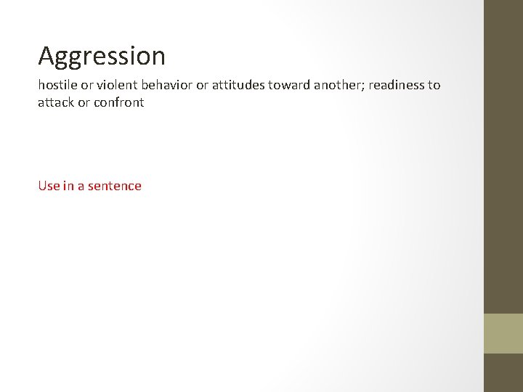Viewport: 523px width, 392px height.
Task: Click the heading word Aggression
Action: (x=102, y=56)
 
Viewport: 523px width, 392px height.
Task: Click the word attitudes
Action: (x=242, y=85)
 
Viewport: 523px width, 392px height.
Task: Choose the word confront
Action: (x=119, y=103)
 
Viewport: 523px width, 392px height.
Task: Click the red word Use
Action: (x=49, y=186)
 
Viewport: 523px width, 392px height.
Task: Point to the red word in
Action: (x=69, y=186)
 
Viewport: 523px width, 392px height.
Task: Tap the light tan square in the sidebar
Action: (x=503, y=333)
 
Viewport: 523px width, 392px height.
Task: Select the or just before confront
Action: (x=84, y=103)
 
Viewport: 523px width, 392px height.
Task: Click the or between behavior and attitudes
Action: (x=203, y=85)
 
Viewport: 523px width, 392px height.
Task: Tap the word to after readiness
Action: (x=434, y=85)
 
